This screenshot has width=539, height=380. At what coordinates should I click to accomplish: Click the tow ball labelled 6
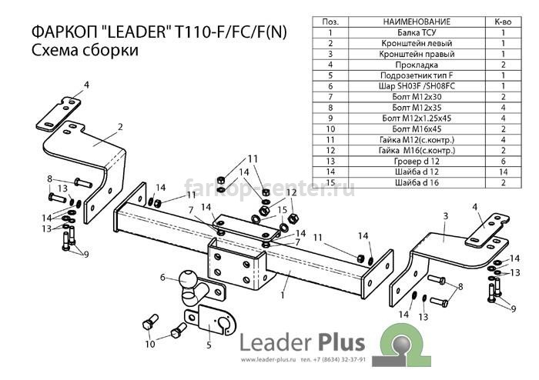point(187,281)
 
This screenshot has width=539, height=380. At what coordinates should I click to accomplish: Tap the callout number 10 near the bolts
point(150,344)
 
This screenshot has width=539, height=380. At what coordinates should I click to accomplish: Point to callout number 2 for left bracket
point(120,127)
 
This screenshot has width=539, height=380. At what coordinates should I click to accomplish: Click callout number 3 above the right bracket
point(446,216)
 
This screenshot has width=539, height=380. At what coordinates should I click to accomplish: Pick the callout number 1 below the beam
point(283,295)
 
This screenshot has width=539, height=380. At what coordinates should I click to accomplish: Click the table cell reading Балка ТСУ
point(417,32)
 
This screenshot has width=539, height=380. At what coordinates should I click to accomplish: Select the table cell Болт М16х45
point(417,129)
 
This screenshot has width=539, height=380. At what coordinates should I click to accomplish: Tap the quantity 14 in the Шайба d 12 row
point(504,172)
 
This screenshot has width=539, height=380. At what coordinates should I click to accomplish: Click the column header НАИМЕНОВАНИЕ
point(417,22)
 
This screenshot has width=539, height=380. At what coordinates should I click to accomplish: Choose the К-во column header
point(504,22)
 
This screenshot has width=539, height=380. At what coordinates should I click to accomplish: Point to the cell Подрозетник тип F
point(417,75)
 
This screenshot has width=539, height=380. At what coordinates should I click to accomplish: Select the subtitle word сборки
point(110,51)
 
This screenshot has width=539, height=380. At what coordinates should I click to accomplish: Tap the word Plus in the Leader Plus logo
point(340,342)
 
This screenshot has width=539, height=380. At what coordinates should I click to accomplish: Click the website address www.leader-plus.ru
point(269,360)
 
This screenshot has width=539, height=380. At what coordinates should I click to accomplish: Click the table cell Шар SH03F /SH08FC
point(417,86)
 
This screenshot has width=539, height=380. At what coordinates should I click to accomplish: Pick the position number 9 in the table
point(330,118)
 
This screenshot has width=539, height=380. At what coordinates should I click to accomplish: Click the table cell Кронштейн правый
point(417,54)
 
